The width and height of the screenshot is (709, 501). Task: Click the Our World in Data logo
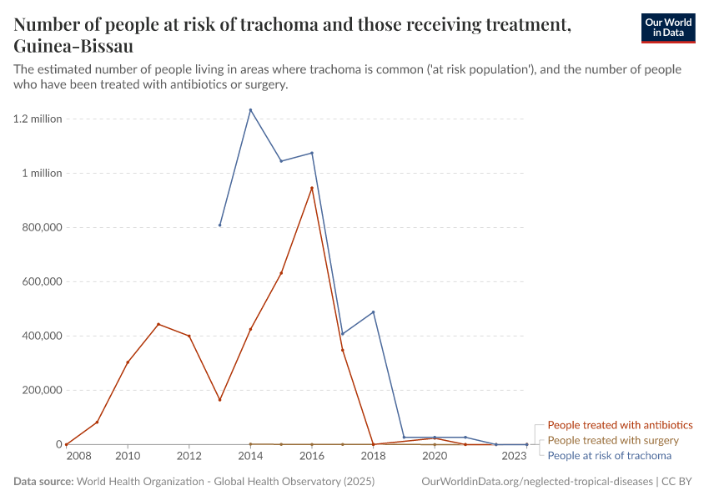[x=667, y=28]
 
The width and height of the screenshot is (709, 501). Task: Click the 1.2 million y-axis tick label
[x=38, y=119]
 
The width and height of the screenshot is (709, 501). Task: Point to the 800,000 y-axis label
[x=40, y=227]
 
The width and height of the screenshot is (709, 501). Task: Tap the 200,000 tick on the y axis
[x=40, y=390]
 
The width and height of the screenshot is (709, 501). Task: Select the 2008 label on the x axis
[x=78, y=457]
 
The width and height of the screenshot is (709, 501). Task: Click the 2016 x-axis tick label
[x=312, y=457]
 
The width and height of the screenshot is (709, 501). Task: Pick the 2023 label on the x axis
[x=515, y=457]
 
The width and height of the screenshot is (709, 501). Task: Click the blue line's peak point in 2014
[x=250, y=109]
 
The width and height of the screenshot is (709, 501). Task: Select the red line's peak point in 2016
[x=312, y=188]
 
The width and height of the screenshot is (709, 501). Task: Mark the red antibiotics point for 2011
[x=158, y=324]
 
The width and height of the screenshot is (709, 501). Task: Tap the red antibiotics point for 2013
[x=219, y=400]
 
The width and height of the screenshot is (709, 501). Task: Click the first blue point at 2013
[x=219, y=225]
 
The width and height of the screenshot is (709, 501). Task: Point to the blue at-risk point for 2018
[x=373, y=312]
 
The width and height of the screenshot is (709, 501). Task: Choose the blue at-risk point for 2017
[x=342, y=334]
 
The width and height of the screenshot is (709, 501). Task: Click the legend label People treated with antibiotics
[x=620, y=425]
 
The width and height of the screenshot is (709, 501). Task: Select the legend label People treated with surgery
[x=613, y=440]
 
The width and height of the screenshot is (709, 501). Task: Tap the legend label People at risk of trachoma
[x=609, y=455]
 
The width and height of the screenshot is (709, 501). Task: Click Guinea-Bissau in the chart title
[x=73, y=45]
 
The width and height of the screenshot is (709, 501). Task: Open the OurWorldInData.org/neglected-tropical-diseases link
[x=538, y=482]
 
